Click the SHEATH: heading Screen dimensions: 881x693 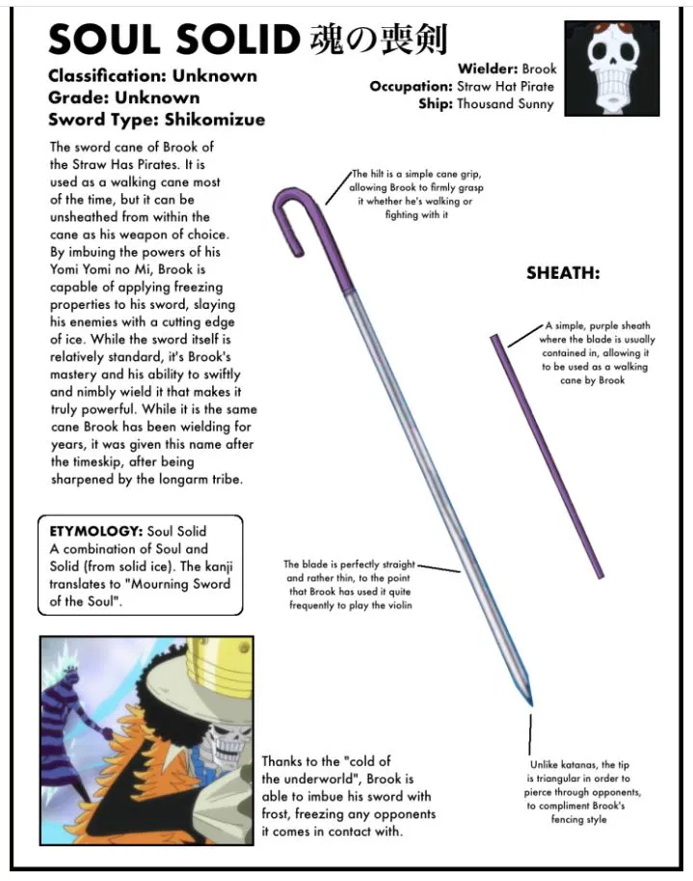point(563,274)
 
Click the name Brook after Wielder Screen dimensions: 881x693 point(539,69)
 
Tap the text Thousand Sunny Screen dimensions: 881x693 point(505,104)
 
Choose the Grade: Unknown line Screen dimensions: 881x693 point(123,97)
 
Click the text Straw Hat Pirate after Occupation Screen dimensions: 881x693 point(505,87)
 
